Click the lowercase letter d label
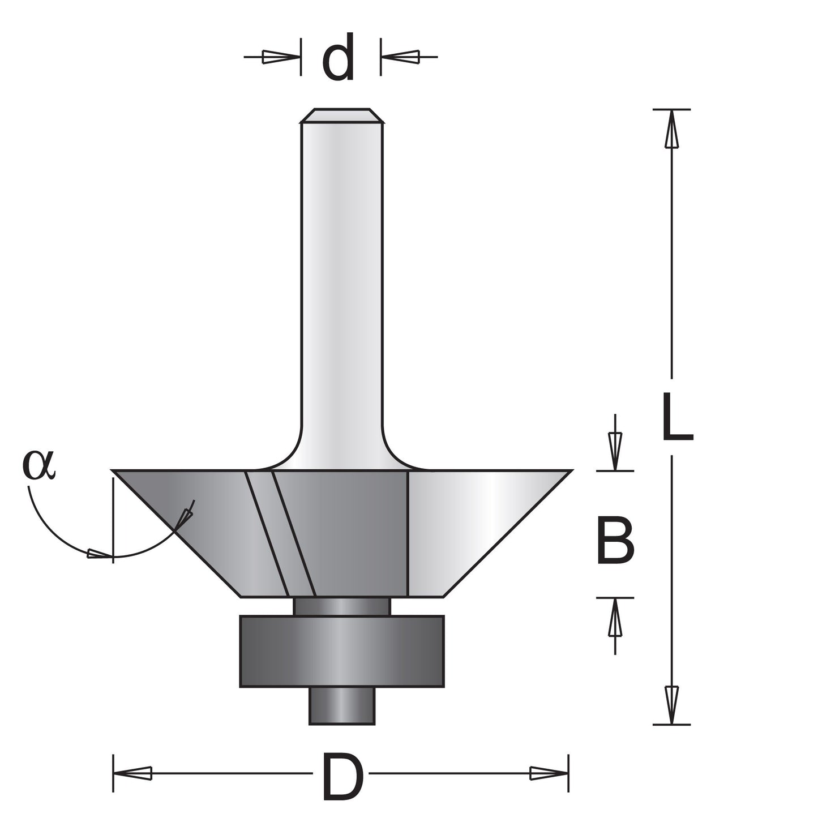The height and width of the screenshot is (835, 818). pyautogui.click(x=339, y=57)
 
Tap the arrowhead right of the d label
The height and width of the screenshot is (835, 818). pyautogui.click(x=401, y=57)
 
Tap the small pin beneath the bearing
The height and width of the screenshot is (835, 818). pyautogui.click(x=342, y=705)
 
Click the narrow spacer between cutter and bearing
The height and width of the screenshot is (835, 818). pyautogui.click(x=342, y=606)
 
